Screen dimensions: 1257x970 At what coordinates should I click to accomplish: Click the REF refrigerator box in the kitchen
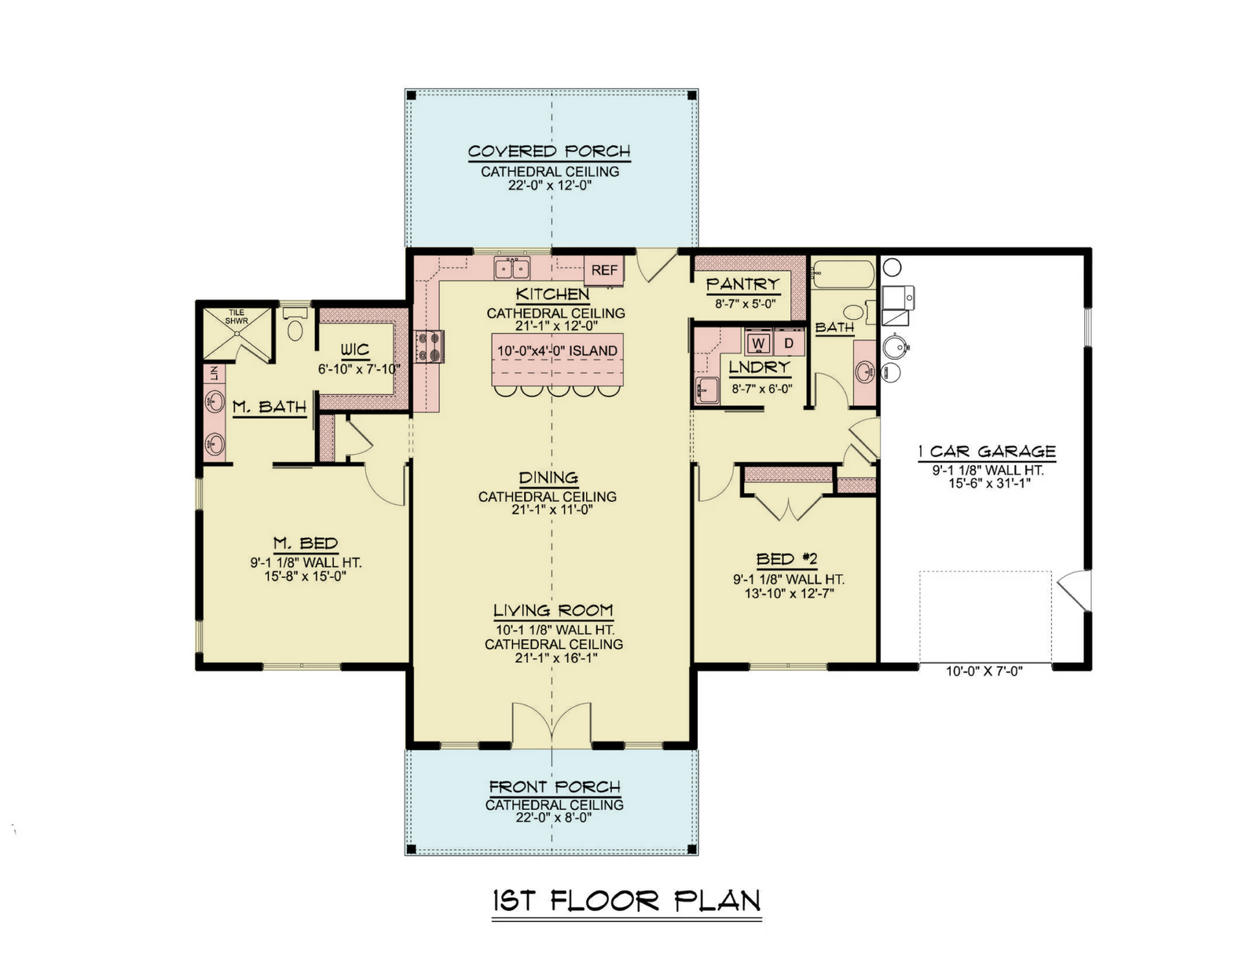[603, 270]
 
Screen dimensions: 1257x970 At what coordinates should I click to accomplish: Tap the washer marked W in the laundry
[758, 342]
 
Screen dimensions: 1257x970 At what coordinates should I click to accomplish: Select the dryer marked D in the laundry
[789, 342]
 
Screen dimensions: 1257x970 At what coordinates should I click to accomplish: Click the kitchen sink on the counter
[512, 269]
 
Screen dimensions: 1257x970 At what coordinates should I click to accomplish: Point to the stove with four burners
[429, 346]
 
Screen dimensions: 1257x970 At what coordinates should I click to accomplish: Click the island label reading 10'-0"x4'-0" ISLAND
[557, 351]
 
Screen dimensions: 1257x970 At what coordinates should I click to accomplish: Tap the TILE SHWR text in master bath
[236, 317]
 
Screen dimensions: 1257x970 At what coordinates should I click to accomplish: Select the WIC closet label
[354, 350]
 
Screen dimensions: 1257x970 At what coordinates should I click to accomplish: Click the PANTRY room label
[742, 284]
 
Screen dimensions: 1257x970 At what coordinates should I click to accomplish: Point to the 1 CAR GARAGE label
[987, 451]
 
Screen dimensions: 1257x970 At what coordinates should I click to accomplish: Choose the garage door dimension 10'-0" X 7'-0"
[984, 671]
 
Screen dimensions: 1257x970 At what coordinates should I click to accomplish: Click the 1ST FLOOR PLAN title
[626, 901]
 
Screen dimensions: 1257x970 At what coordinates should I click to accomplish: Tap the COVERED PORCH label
[549, 152]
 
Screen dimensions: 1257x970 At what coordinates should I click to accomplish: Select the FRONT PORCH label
[555, 787]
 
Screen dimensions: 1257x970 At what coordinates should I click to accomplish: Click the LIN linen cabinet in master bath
[214, 373]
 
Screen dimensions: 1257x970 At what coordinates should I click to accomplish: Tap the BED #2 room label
[786, 559]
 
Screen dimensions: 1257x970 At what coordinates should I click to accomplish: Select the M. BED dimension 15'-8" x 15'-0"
[305, 577]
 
